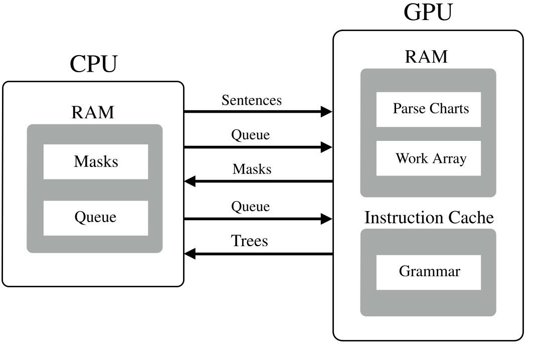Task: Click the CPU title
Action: coord(93,64)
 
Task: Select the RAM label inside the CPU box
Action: coord(93,112)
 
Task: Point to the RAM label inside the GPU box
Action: coord(426,57)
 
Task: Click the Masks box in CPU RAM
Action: coord(96,161)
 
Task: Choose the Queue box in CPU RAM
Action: coord(96,218)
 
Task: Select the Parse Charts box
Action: coord(429,109)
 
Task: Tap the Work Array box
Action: coord(429,158)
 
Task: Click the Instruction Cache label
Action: coord(429,218)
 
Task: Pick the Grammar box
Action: coord(429,272)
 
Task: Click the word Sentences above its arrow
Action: coord(252,100)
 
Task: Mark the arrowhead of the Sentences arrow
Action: coord(326,112)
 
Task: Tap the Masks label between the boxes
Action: coord(252,169)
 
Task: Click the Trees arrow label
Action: coord(250,241)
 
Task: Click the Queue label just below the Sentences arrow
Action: coord(250,135)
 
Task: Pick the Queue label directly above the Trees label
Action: coord(250,206)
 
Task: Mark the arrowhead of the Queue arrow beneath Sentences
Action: coord(326,147)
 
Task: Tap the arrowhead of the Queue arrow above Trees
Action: coord(326,219)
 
